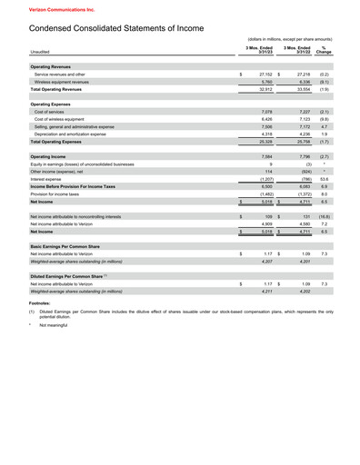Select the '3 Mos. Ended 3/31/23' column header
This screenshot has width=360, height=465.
click(x=259, y=49)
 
